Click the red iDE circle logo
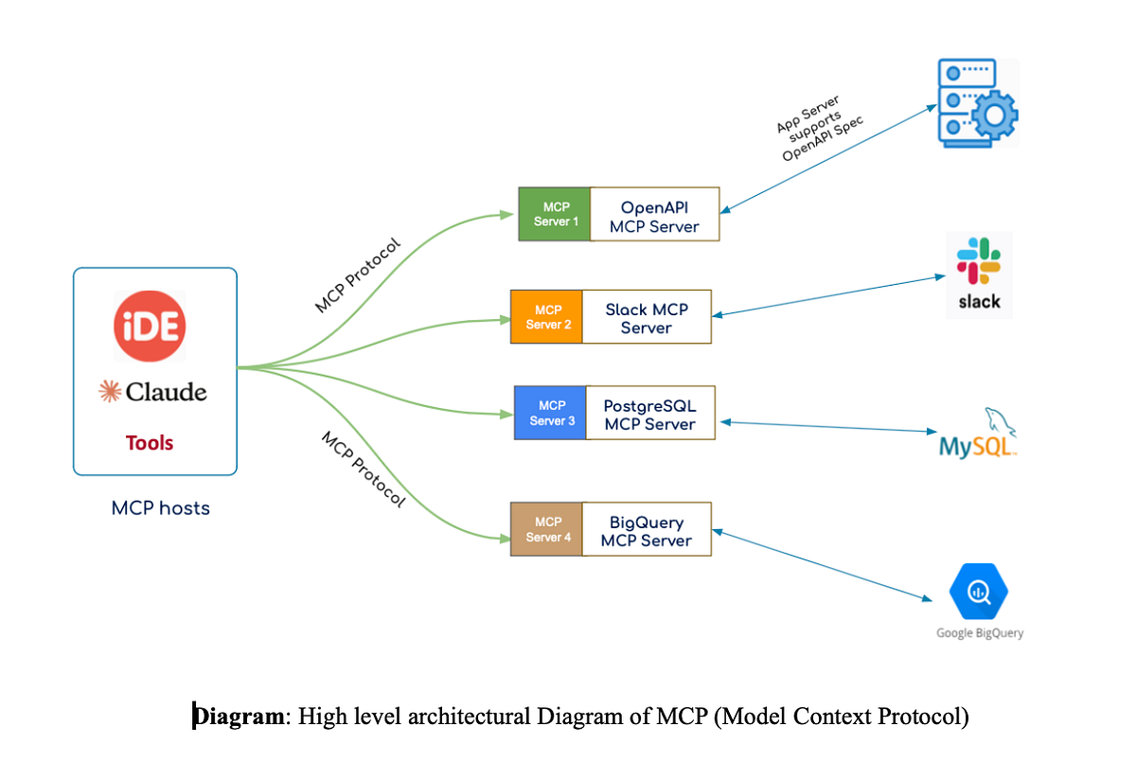pos(150,326)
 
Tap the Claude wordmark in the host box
pos(153,391)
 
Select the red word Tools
pos(150,442)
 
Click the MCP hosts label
pos(160,508)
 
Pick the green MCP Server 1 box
pos(555,214)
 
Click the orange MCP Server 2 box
pos(547,316)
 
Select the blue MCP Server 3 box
pos(551,413)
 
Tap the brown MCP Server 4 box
pos(547,529)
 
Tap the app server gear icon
pos(977,102)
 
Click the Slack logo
pos(979,274)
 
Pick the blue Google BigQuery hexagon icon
pos(979,592)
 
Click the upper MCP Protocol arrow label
pos(358,275)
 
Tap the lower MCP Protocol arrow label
pos(364,470)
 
